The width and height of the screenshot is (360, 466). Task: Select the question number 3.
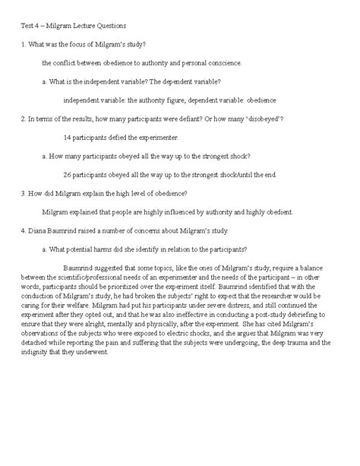pos(23,193)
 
